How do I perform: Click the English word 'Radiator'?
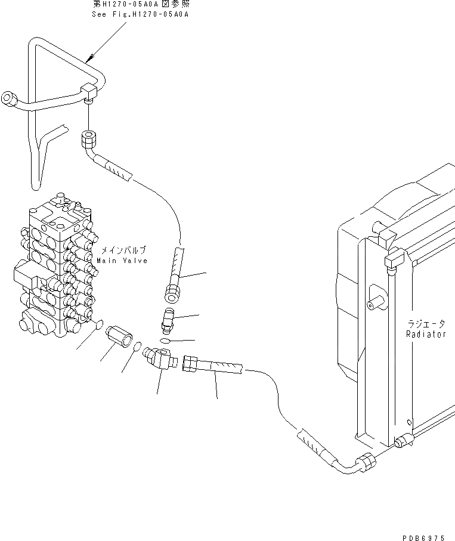(426, 335)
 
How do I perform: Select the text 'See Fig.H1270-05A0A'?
(140, 14)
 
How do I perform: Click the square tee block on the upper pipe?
(90, 92)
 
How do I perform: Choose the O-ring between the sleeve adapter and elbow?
(137, 346)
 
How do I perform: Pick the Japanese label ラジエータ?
(426, 324)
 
